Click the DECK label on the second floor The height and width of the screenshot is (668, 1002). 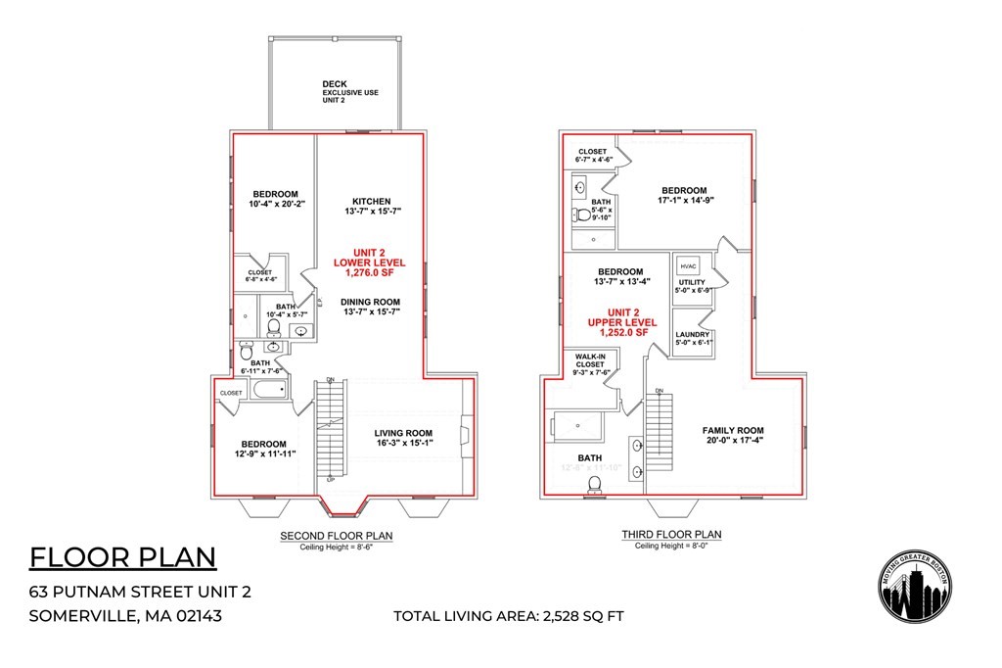[335, 84]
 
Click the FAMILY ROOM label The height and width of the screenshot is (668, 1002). [733, 430]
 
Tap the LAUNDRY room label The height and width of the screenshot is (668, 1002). [693, 334]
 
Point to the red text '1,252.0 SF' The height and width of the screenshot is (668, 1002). [617, 333]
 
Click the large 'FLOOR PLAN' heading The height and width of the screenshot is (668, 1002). [122, 557]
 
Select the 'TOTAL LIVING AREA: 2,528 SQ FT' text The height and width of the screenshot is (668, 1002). [508, 616]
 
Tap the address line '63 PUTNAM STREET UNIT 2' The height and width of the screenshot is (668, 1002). [141, 591]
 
